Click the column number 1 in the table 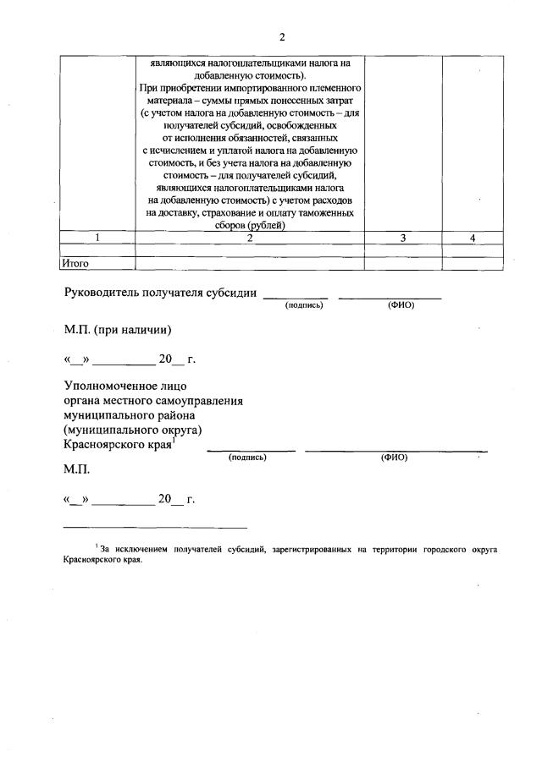(99, 238)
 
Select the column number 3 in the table (403, 238)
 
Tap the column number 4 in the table (473, 238)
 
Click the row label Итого (75, 264)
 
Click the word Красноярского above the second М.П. (106, 444)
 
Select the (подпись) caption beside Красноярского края (247, 458)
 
